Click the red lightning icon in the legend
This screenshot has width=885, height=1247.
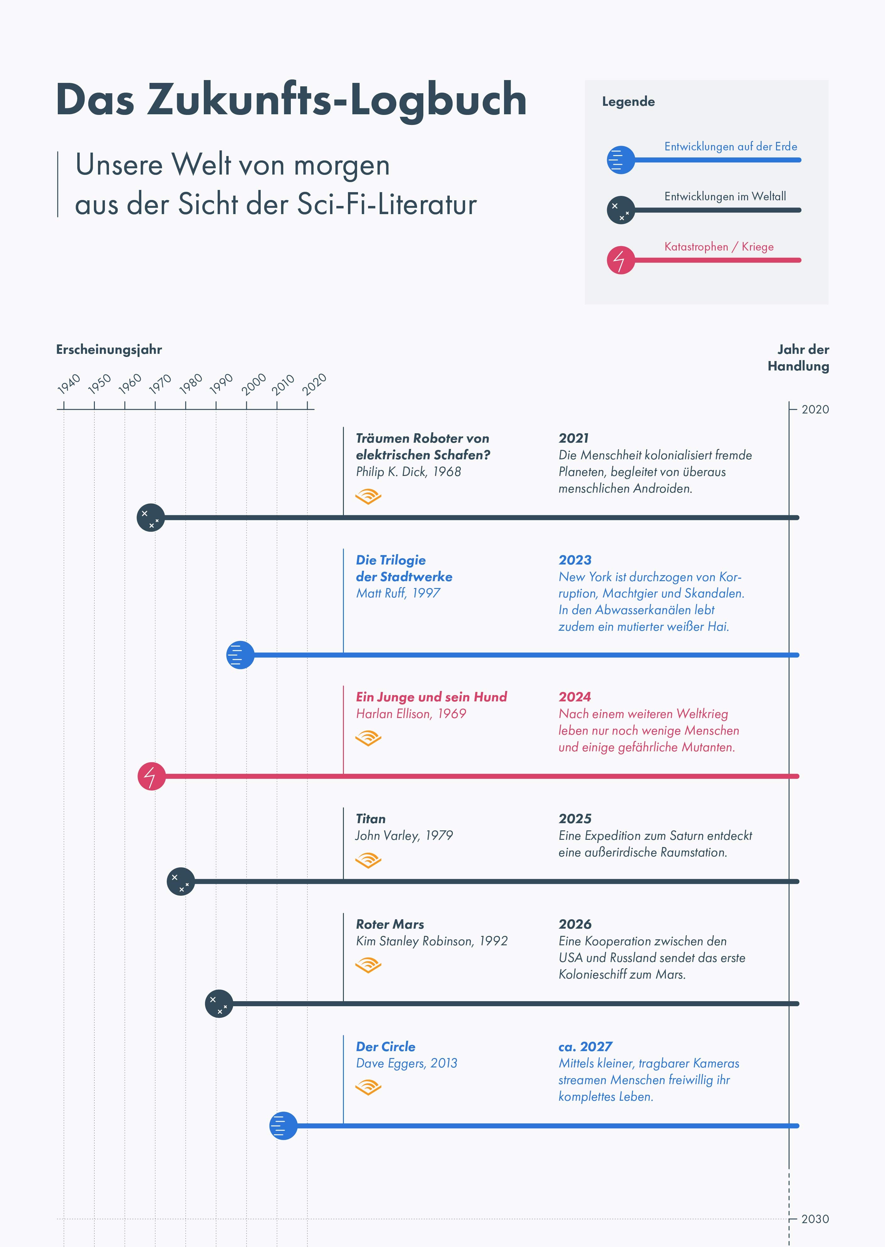(x=620, y=260)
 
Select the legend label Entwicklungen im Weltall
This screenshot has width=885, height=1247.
(x=725, y=197)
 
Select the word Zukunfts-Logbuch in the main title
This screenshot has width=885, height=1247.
(x=336, y=100)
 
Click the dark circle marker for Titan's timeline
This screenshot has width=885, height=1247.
(x=180, y=881)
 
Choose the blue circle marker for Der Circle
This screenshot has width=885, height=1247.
(x=283, y=1126)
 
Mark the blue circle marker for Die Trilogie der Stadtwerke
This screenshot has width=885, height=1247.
(x=240, y=655)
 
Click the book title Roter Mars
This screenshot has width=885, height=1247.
(x=390, y=925)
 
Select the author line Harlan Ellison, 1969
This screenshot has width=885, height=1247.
(x=411, y=714)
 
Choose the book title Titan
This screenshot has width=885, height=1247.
(x=371, y=819)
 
